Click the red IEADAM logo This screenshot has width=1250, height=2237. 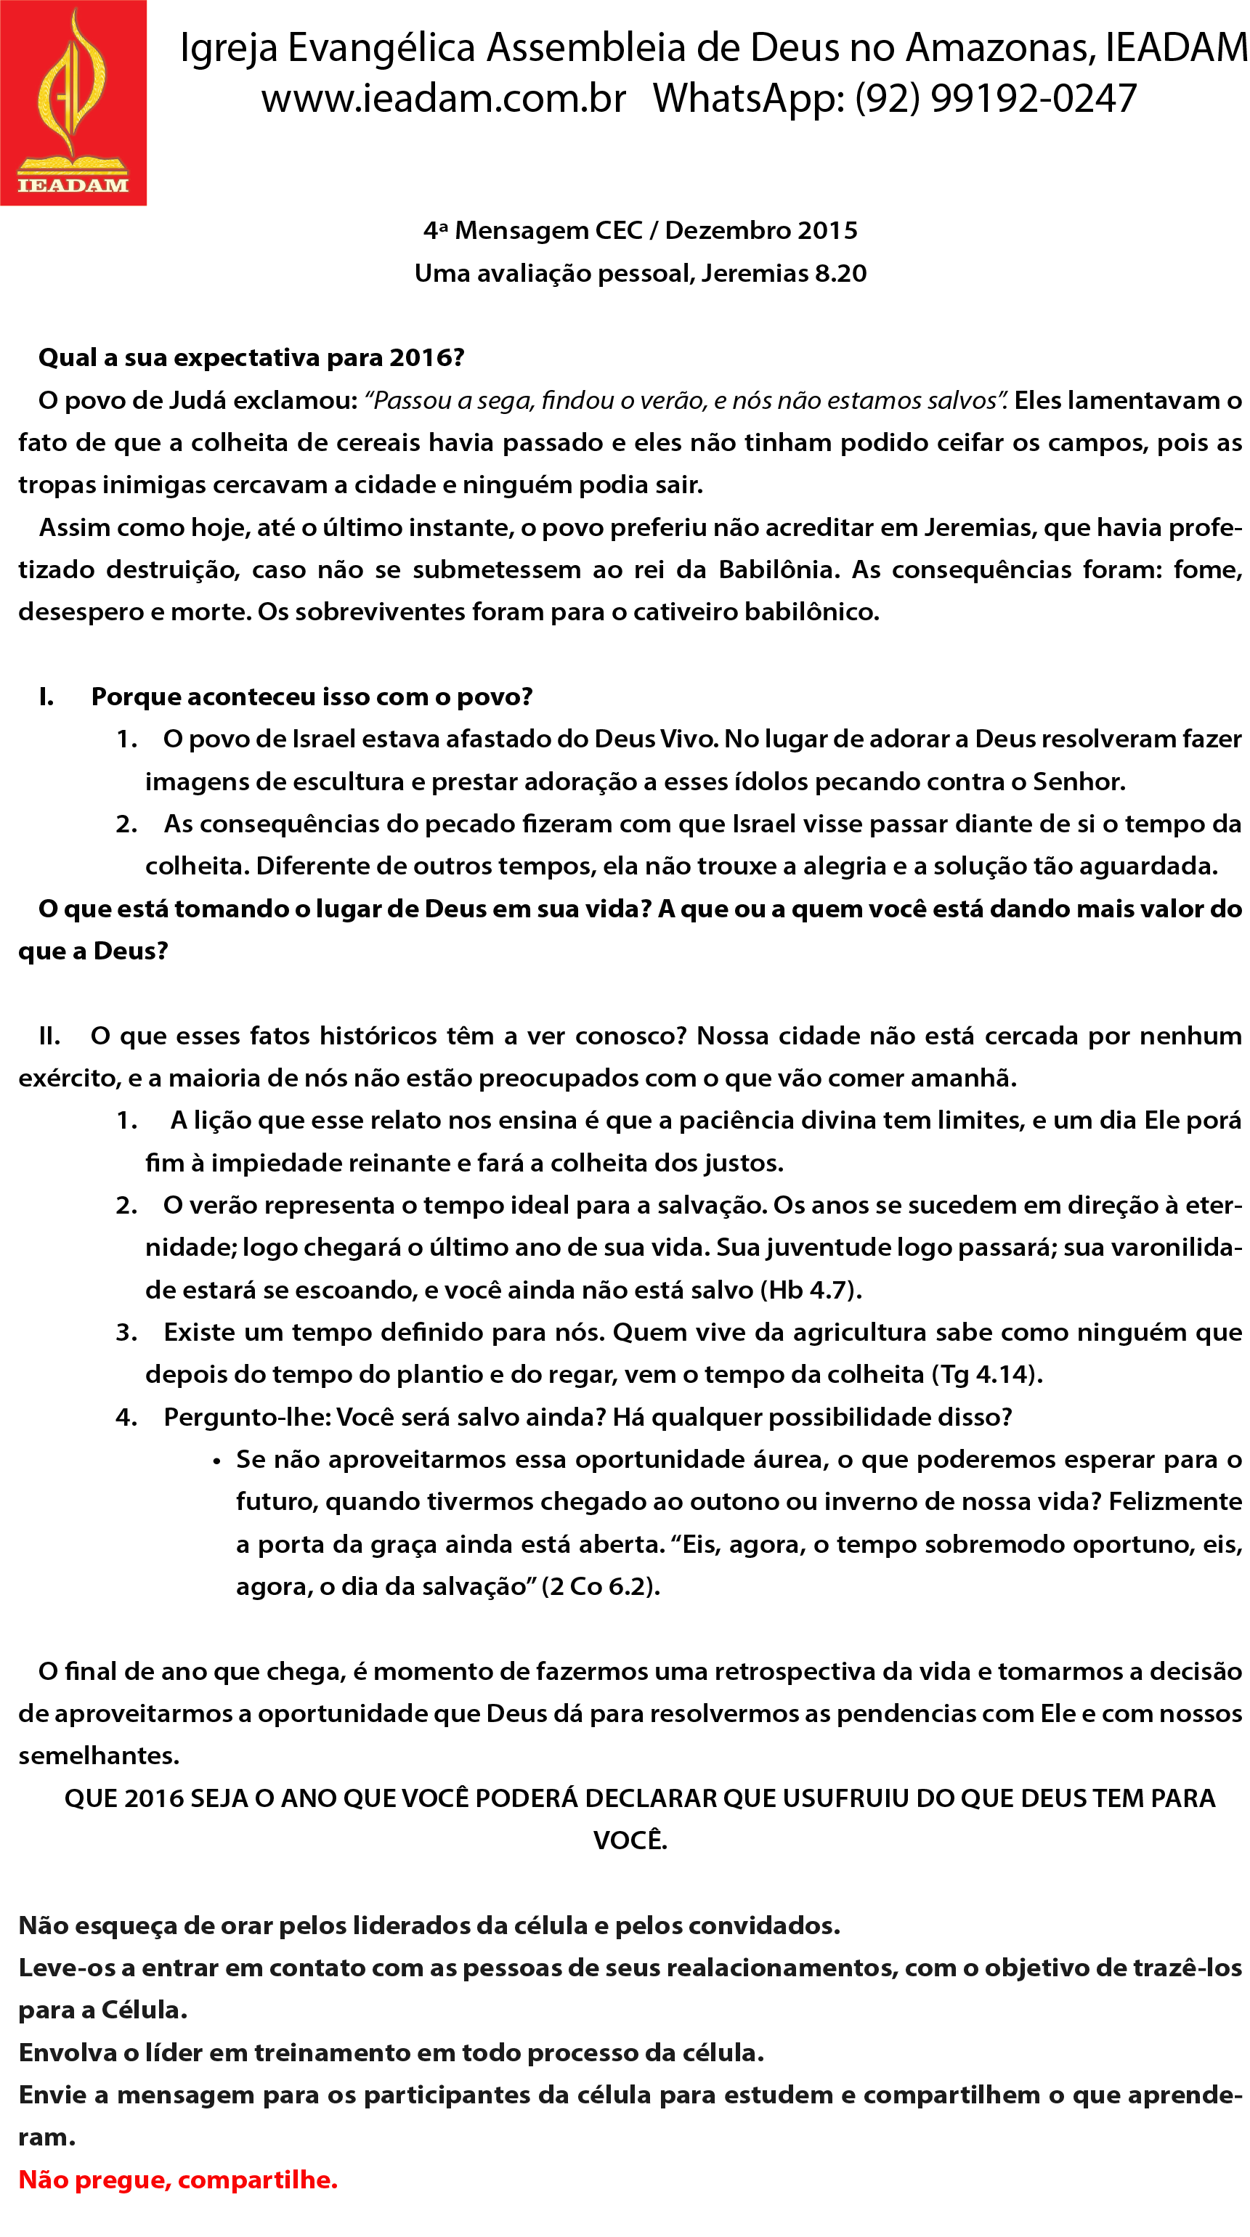click(73, 102)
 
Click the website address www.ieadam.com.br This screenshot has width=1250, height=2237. click(443, 99)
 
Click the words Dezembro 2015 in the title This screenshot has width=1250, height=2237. click(761, 230)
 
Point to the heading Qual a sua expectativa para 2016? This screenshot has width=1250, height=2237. click(251, 358)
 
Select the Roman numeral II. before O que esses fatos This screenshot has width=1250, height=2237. click(49, 1036)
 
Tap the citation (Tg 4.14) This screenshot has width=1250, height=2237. click(987, 1375)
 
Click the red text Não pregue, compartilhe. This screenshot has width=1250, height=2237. click(178, 2180)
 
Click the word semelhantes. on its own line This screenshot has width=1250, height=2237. click(99, 1756)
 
